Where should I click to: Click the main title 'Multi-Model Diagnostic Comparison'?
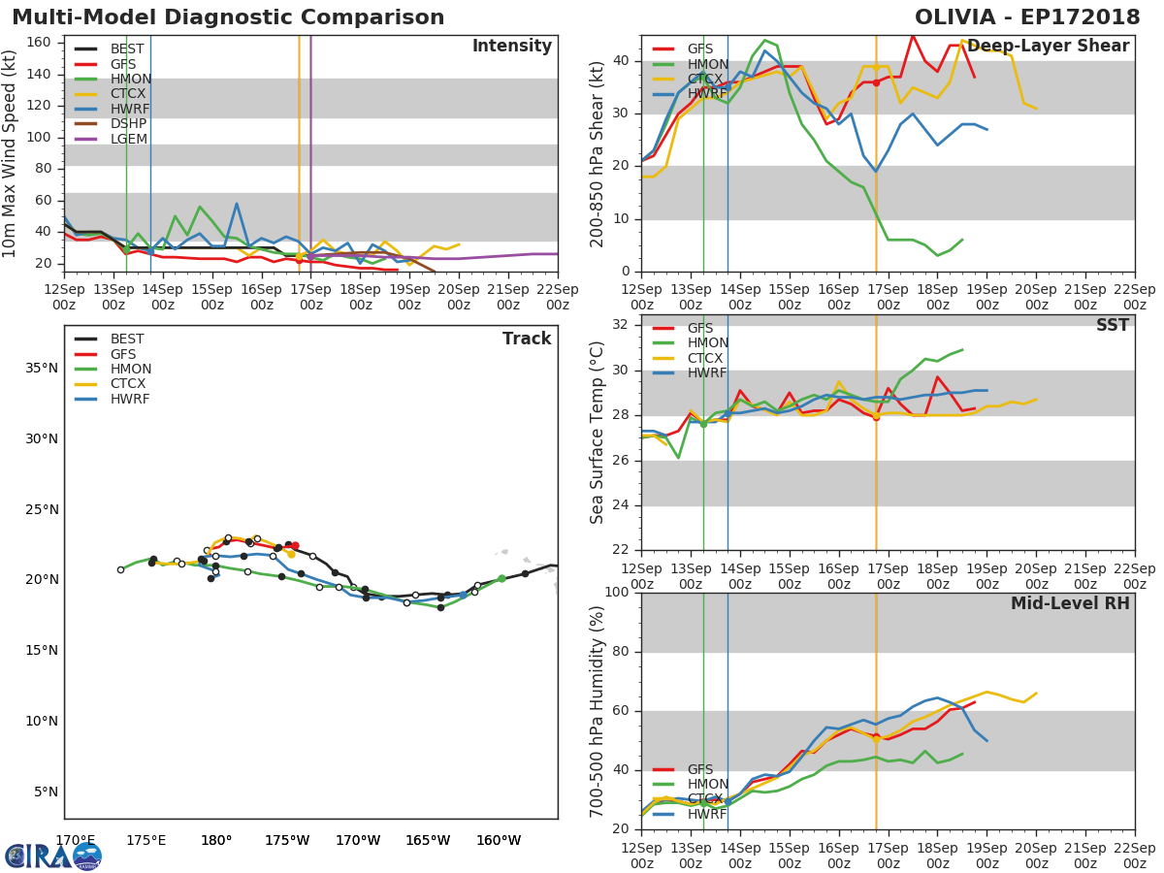228,17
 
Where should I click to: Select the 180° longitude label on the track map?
215,840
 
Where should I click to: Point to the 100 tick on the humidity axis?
619,593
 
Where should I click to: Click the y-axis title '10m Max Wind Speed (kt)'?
11,153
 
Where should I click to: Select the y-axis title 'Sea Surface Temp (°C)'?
598,433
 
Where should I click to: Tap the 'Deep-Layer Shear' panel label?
1048,47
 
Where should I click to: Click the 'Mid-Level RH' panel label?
1070,604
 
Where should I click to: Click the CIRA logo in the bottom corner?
53,856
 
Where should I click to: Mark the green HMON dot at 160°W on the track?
501,579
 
